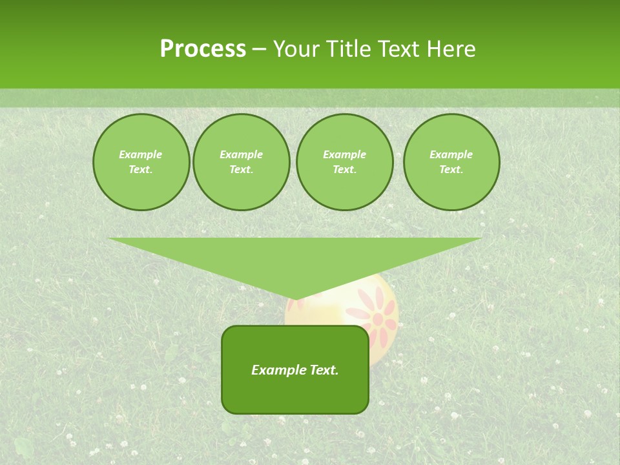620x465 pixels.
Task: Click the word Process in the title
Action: (203, 49)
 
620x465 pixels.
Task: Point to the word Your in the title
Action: (298, 49)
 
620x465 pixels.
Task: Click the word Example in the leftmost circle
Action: (141, 154)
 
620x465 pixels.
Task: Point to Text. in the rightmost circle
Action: (451, 170)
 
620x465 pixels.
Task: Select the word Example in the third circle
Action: (345, 154)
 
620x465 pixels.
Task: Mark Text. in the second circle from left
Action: (242, 170)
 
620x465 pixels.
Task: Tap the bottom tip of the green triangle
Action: (295, 298)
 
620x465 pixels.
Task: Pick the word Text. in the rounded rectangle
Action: (323, 370)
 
